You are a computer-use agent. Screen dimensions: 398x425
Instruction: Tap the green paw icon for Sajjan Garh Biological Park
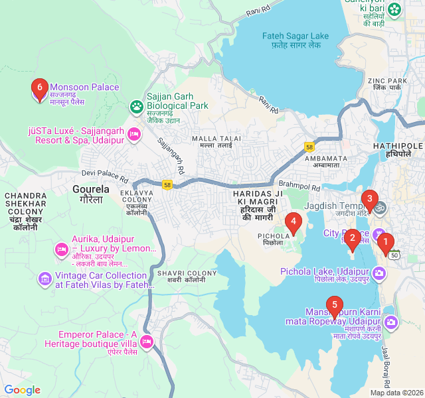[x=137, y=105]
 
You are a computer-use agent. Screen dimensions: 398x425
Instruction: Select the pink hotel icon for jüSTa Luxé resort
[x=133, y=135]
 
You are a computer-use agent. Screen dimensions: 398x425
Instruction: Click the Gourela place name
[x=88, y=194]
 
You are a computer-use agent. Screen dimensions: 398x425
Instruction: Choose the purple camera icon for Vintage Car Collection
[x=45, y=277]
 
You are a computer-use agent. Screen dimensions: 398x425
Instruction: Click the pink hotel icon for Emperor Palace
[x=147, y=342]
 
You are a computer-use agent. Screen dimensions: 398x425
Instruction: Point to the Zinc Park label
[x=387, y=84]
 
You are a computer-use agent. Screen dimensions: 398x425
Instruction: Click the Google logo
[x=23, y=390]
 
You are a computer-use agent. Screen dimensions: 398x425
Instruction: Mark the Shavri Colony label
[x=179, y=276]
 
